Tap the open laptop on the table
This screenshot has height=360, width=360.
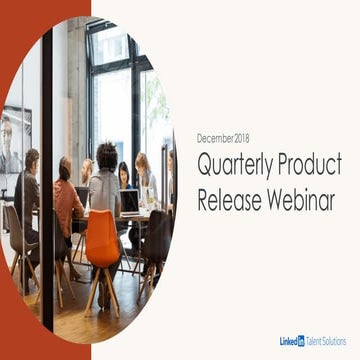pos(130,200)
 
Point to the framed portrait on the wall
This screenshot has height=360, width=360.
pos(13,140)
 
